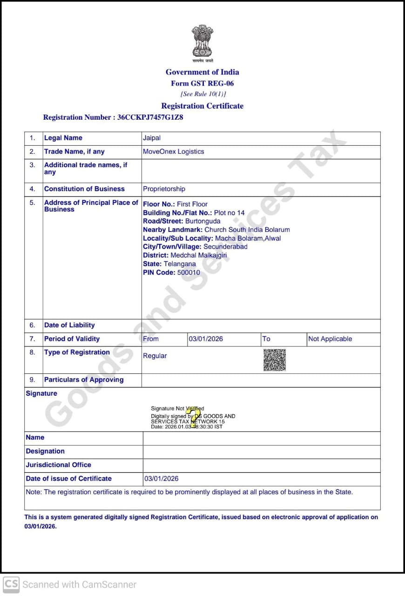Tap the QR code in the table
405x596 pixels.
[x=275, y=360]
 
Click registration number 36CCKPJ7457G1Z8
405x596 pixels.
[x=150, y=117]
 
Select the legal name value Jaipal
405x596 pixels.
[x=152, y=138]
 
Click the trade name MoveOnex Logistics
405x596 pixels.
[x=173, y=151]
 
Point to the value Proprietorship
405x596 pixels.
[x=164, y=189]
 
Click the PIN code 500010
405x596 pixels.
[x=189, y=272]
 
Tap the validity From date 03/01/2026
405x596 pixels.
[x=206, y=339]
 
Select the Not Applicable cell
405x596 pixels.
[x=330, y=339]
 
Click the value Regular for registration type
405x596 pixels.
[x=155, y=356]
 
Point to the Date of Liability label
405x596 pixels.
[x=69, y=325]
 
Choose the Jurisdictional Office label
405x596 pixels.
[x=59, y=465]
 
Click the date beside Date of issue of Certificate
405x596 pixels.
[x=161, y=479]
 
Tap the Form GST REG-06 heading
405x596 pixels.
[x=202, y=83]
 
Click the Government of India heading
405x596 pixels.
[x=202, y=72]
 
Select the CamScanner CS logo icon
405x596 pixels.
[x=11, y=584]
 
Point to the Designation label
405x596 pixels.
[x=45, y=451]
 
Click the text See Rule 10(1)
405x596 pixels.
[x=203, y=94]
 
